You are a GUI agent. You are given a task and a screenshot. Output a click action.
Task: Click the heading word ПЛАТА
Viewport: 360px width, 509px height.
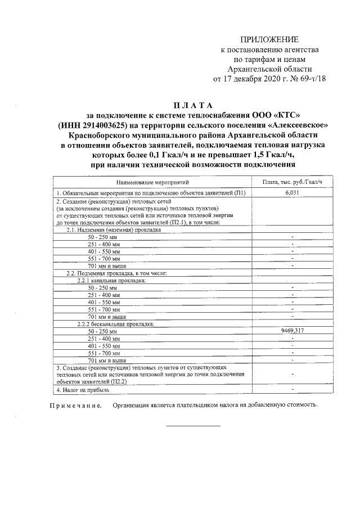click(193, 105)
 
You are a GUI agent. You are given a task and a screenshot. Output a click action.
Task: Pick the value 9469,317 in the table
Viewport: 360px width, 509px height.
click(292, 331)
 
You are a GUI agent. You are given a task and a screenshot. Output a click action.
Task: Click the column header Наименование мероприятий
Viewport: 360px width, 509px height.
click(152, 182)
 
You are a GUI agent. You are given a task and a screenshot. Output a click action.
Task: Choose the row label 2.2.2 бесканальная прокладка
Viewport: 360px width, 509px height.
click(115, 324)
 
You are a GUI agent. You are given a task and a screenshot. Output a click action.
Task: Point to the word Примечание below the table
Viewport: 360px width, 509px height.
click(75, 405)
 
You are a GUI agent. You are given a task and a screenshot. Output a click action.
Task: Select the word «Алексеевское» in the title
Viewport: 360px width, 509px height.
click(295, 125)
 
